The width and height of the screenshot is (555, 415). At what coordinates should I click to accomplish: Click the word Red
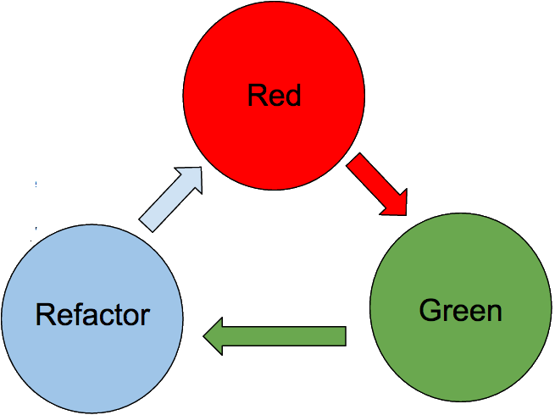[x=274, y=96]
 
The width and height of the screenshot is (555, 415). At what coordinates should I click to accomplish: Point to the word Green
[x=460, y=310]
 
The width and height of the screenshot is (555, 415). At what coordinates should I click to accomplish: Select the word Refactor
[x=92, y=315]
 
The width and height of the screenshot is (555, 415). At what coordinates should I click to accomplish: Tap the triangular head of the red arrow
[x=393, y=201]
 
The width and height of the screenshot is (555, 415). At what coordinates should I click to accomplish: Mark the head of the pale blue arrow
[x=191, y=179]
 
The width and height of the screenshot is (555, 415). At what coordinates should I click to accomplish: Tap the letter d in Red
[x=292, y=96]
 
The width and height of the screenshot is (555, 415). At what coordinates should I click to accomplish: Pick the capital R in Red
[x=256, y=96]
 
